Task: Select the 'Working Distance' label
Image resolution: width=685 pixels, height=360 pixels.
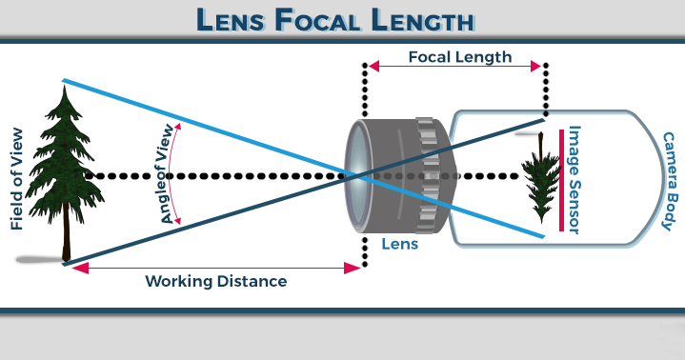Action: pyautogui.click(x=215, y=282)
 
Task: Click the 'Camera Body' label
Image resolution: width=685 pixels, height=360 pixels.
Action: pyautogui.click(x=664, y=181)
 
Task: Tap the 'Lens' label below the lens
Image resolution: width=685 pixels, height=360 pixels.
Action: pyautogui.click(x=399, y=244)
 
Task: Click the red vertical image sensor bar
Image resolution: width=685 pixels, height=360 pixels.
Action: pyautogui.click(x=560, y=179)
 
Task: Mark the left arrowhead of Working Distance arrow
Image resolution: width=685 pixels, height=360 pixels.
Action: pyautogui.click(x=70, y=269)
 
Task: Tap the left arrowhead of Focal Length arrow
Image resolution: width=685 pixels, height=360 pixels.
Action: pyautogui.click(x=373, y=67)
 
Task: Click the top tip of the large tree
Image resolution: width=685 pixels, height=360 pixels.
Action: pyautogui.click(x=65, y=84)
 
